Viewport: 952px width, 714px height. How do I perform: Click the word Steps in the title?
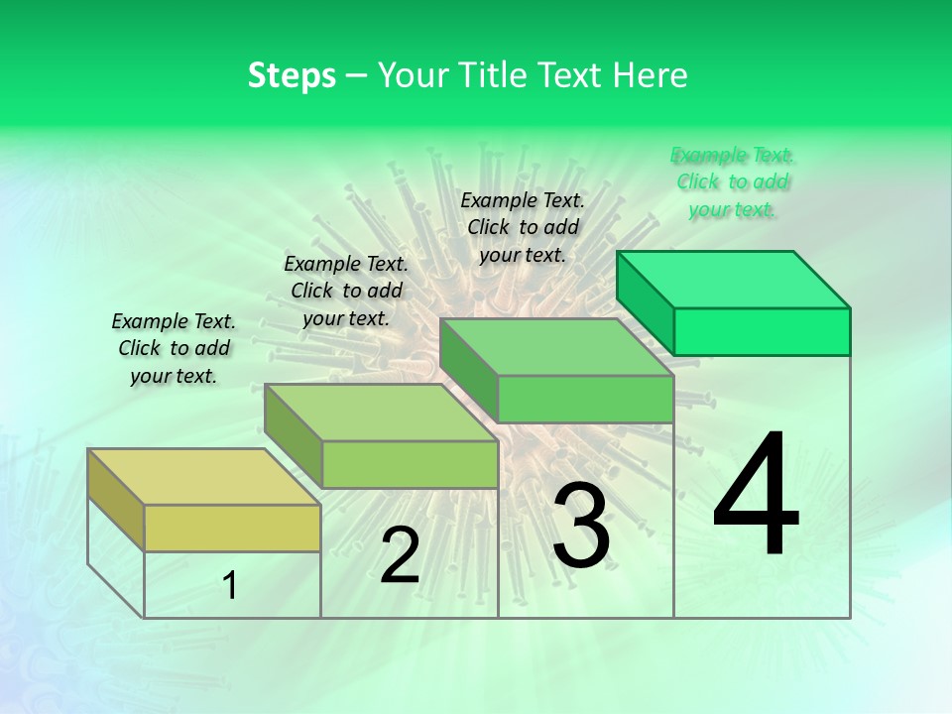(x=292, y=75)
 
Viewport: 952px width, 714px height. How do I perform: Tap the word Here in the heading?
(x=651, y=75)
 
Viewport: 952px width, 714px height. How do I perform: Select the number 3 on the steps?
(x=581, y=526)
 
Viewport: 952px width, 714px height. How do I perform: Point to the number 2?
(x=400, y=555)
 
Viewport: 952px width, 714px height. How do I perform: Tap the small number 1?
(x=230, y=586)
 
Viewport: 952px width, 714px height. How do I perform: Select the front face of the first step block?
(x=232, y=528)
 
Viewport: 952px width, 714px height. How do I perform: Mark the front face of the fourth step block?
(x=762, y=331)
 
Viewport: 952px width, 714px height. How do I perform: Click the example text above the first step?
(x=174, y=349)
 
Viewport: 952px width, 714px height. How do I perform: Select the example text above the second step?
(x=346, y=292)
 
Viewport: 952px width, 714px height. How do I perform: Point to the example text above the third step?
(x=523, y=227)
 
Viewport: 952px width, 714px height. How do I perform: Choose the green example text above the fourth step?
(x=733, y=182)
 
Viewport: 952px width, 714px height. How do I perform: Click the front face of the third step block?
(x=585, y=399)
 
